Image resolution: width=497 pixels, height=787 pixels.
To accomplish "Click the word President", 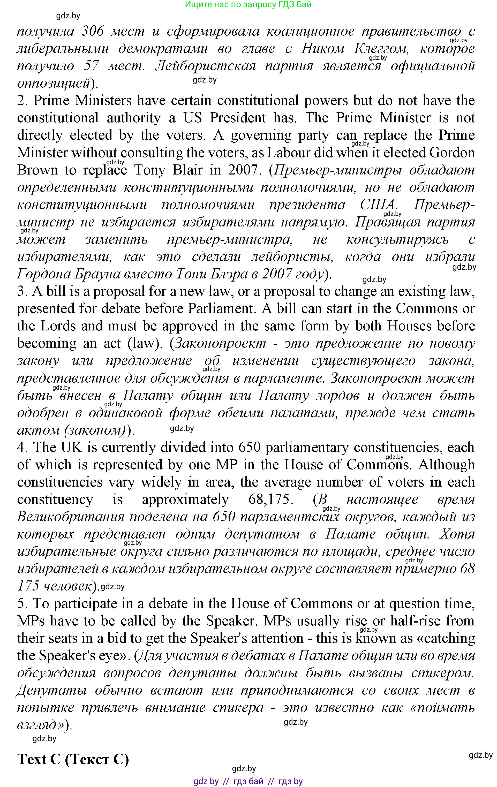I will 238,118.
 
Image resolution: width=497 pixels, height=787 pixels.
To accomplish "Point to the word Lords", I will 58,326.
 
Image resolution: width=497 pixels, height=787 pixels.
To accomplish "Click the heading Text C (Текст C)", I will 73,759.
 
